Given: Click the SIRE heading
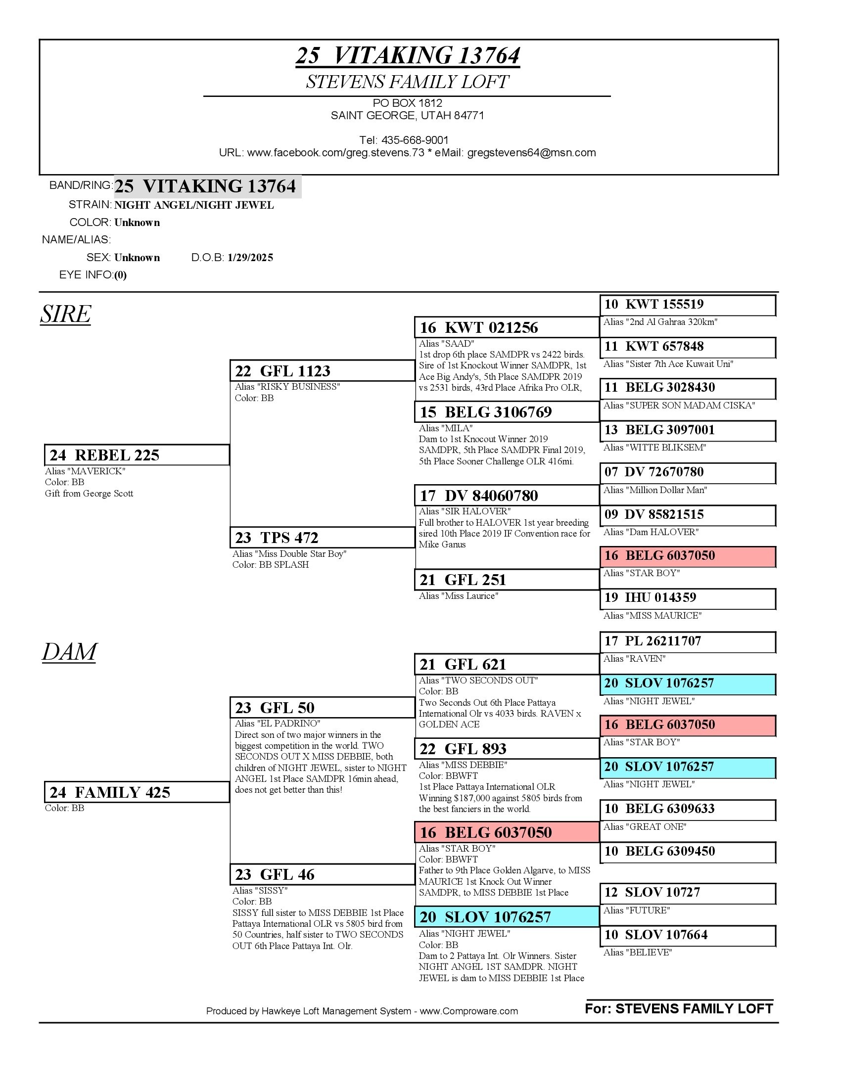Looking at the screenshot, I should (x=66, y=314).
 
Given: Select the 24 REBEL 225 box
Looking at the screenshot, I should (x=137, y=455).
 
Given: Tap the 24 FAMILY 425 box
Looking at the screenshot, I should (x=137, y=792).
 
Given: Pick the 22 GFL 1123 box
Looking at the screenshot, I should (x=322, y=370).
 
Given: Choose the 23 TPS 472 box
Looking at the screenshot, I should (x=322, y=538).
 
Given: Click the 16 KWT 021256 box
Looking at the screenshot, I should (x=506, y=327).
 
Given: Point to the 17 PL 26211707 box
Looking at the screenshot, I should (x=687, y=641).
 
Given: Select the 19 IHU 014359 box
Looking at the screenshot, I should (x=687, y=598).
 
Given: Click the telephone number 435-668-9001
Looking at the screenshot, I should (x=415, y=140).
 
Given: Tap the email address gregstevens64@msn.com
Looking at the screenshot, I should (x=531, y=152).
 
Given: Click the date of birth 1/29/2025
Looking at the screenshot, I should (x=250, y=258).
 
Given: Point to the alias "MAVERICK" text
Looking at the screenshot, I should (x=85, y=471).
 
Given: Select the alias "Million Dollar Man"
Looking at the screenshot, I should (x=655, y=490).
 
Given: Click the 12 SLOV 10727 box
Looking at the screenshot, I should (x=687, y=892).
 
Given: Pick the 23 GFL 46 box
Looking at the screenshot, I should (x=322, y=874).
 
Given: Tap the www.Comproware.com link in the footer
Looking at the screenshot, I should (x=468, y=1011).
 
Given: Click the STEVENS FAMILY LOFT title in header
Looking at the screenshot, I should (x=407, y=82).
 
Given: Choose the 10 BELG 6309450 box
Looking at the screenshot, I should (x=687, y=851).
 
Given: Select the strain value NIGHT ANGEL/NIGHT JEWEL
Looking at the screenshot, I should (x=194, y=205).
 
